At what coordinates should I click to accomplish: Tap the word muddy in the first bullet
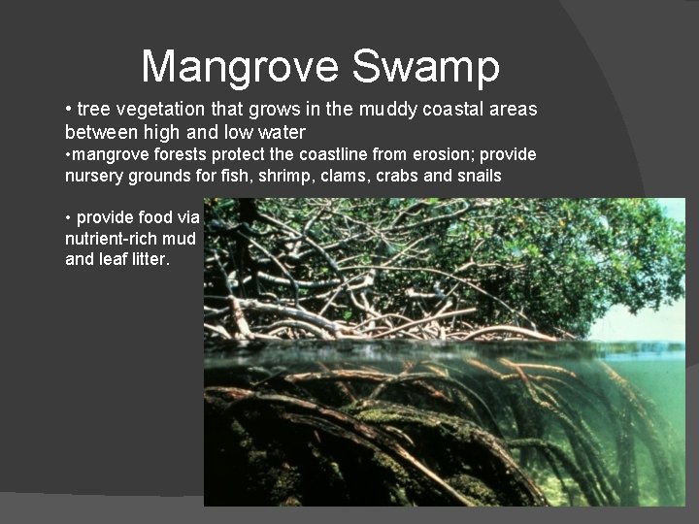tap(387, 110)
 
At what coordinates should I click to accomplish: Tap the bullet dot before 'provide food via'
tap(68, 217)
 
